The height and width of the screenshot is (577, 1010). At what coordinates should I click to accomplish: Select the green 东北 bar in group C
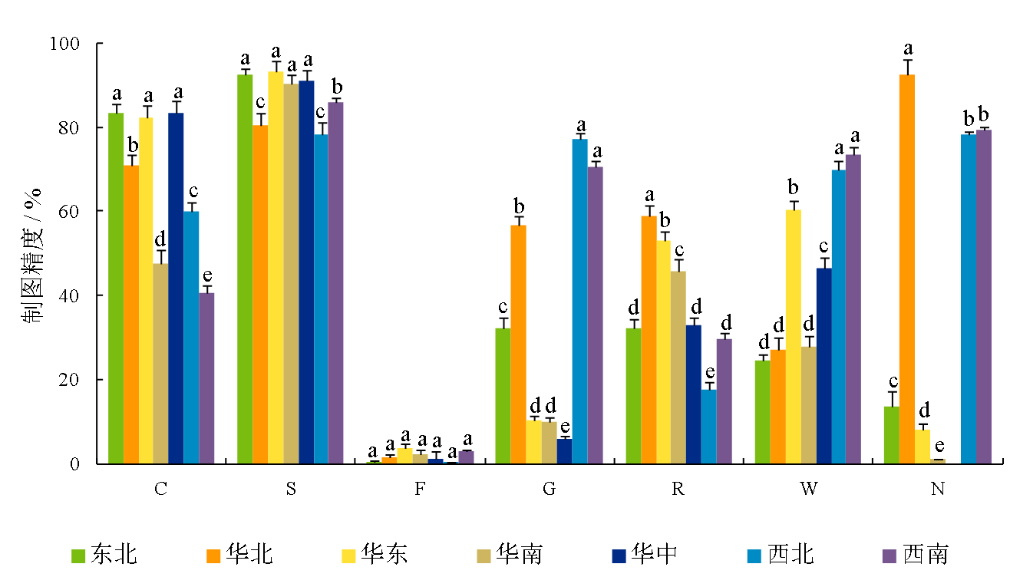pos(116,288)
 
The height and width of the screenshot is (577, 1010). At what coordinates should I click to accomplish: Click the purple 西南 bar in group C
pos(206,378)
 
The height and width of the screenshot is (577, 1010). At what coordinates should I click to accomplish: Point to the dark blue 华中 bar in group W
pos(824,365)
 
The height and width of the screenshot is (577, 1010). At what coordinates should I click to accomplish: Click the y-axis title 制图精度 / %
pos(35,253)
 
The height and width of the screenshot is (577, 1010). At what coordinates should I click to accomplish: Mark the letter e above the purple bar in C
pos(206,276)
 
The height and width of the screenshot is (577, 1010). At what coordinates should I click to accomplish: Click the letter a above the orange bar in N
pos(908,48)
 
